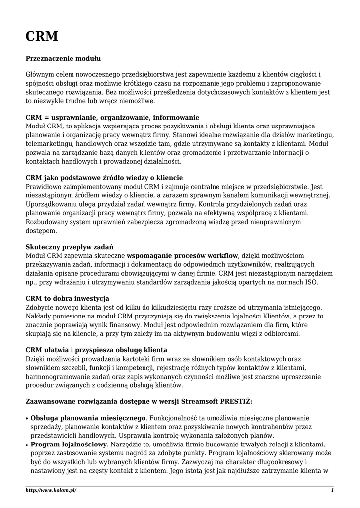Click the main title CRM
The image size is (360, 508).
[x=42, y=36]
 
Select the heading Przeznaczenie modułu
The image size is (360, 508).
[x=63, y=58]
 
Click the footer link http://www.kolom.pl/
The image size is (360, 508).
[x=51, y=490]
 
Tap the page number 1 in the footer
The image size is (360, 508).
[x=332, y=490]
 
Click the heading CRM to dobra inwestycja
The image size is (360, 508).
[x=67, y=298]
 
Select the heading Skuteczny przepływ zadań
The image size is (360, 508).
[x=70, y=246]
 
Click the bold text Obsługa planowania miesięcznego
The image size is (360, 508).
[x=88, y=418]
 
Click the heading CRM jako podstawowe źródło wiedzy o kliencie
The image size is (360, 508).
[x=104, y=178]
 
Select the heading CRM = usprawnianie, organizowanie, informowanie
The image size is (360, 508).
[x=112, y=118]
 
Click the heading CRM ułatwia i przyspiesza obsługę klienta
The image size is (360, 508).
[x=96, y=350]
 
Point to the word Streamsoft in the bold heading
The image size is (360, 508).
[x=186, y=401]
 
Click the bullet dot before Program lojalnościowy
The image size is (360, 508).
[x=27, y=444]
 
